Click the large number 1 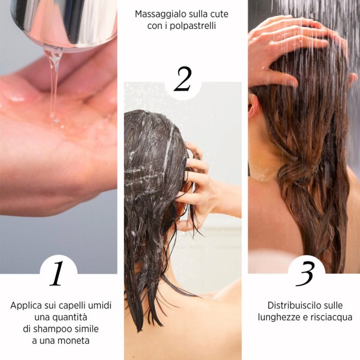click(x=57, y=273)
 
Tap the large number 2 click(x=183, y=79)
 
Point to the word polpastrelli click(x=193, y=26)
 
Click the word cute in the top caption click(x=220, y=14)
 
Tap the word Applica click(x=26, y=306)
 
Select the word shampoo click(x=50, y=329)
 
